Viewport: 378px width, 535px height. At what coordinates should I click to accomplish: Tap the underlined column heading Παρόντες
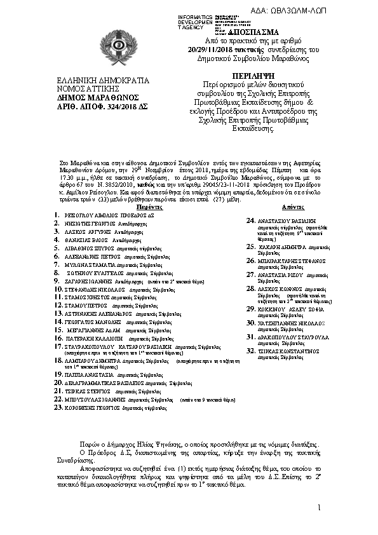point(149,208)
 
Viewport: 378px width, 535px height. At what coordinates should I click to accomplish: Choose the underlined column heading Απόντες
point(291,208)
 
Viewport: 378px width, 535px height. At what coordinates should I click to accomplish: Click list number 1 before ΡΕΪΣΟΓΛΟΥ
point(57,216)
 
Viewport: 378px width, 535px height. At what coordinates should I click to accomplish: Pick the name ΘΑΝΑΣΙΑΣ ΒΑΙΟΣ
point(87,241)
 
